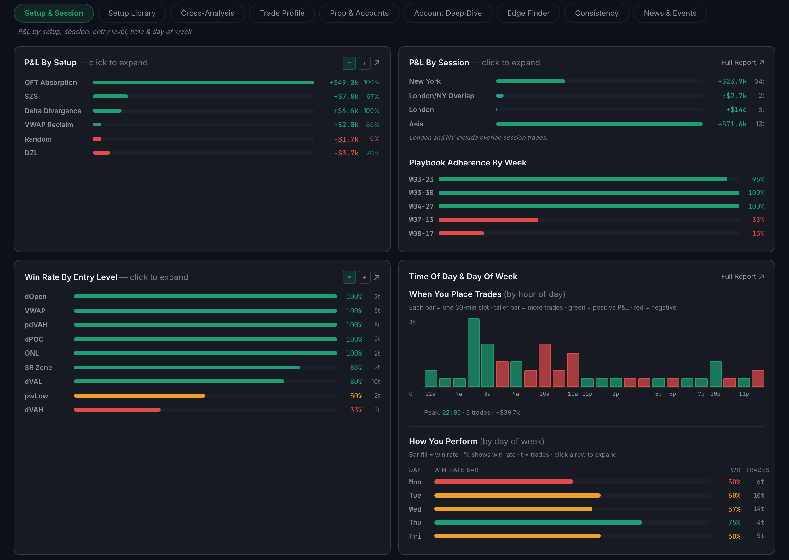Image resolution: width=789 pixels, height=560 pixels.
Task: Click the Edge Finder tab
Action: (528, 13)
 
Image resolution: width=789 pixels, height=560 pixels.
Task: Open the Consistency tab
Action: (596, 13)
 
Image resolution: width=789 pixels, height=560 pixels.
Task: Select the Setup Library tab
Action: (132, 13)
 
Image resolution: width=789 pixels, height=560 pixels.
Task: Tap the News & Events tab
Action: (670, 13)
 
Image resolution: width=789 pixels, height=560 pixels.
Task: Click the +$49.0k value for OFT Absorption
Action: (343, 82)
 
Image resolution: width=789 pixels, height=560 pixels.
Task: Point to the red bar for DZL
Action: (101, 153)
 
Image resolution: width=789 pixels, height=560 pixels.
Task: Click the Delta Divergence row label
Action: (53, 111)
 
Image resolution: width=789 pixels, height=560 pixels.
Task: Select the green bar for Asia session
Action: (599, 124)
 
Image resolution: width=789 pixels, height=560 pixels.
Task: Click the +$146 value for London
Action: (736, 110)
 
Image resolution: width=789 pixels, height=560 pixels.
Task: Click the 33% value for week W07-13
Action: (758, 220)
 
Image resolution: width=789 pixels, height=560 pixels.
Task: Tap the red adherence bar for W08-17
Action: (461, 233)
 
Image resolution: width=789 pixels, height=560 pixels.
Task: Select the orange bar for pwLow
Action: (140, 395)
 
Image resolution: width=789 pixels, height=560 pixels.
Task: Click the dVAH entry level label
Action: (34, 410)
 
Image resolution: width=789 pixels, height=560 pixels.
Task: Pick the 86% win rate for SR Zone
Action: (356, 367)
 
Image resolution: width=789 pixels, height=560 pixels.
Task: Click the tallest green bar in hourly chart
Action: (473, 352)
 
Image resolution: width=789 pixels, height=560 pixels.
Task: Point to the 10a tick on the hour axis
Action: (544, 394)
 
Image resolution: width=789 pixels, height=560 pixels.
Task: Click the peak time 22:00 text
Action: (451, 412)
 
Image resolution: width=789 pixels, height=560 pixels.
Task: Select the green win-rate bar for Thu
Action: (538, 523)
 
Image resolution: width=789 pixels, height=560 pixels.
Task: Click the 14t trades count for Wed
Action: (759, 509)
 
